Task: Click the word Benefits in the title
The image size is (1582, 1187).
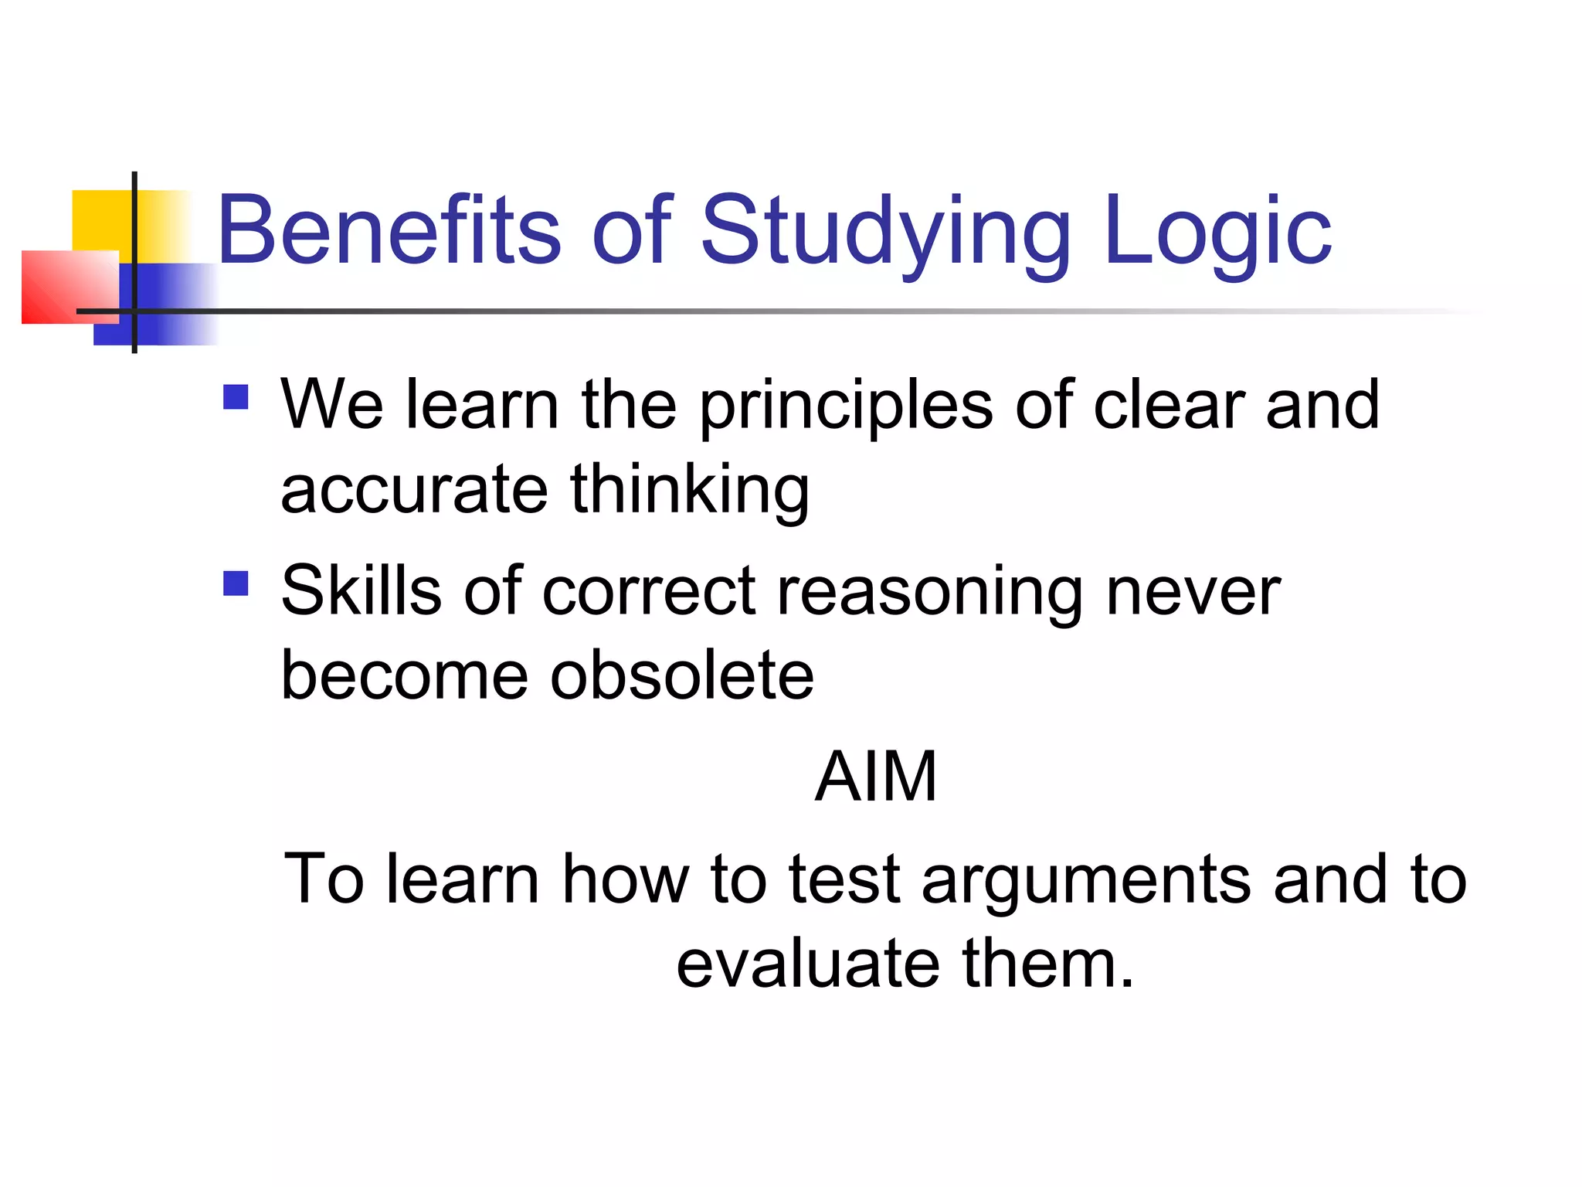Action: (x=389, y=230)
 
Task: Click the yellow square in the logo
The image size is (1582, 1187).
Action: (x=100, y=220)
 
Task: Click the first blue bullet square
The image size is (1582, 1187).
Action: (x=236, y=397)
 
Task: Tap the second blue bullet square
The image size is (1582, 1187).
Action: (x=236, y=583)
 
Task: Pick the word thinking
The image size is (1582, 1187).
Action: (x=690, y=491)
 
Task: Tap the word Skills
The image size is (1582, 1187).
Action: (x=361, y=591)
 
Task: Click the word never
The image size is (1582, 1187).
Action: (x=1193, y=593)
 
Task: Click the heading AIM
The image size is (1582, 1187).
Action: (x=876, y=777)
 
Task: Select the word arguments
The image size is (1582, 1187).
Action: (x=1086, y=882)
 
